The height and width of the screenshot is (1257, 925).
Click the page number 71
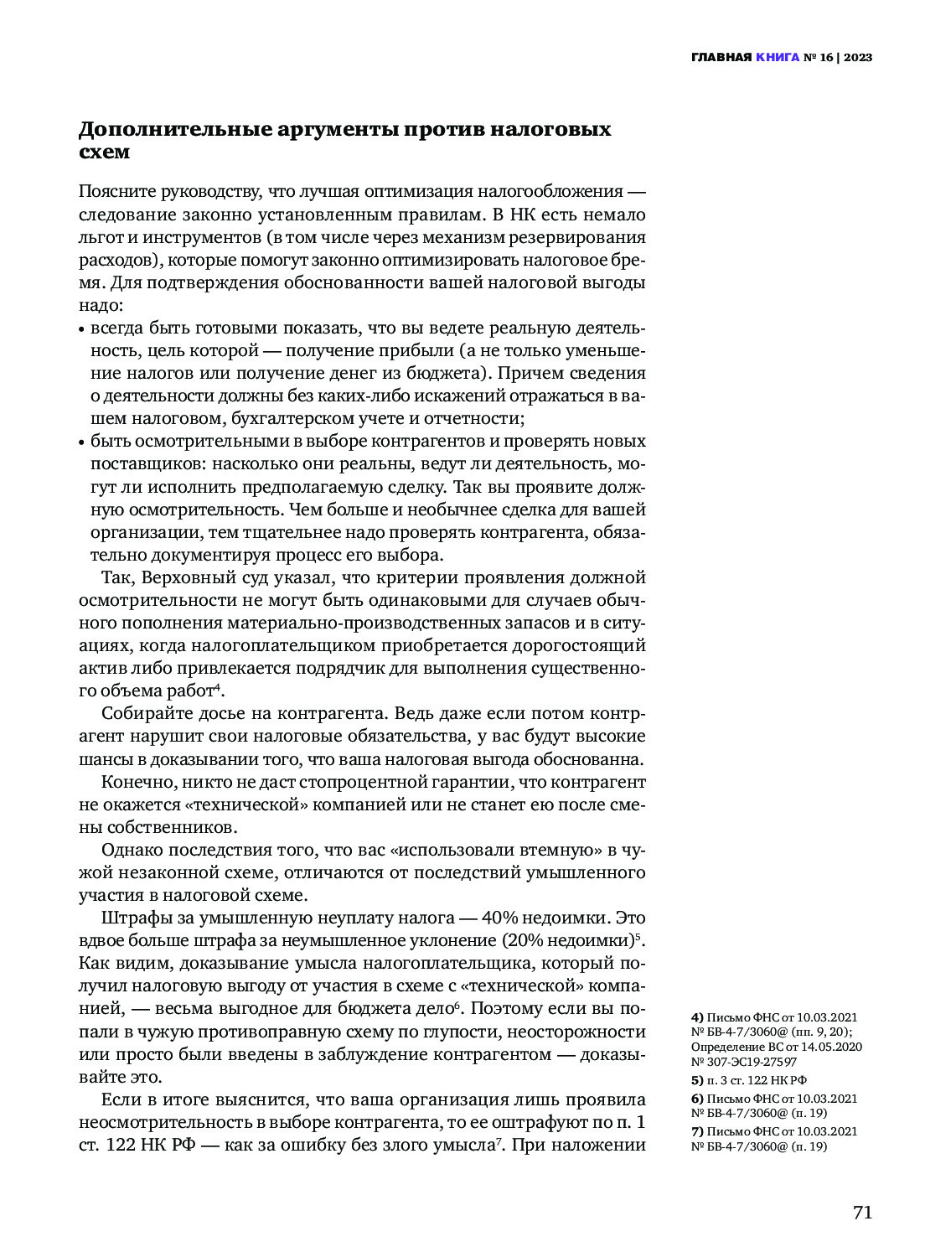tap(862, 1213)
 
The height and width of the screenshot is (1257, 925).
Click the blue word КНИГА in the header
tap(777, 58)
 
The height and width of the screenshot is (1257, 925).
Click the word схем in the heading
tap(104, 152)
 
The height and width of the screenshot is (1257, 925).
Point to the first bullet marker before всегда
tap(82, 329)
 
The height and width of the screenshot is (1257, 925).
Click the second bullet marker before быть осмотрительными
tap(82, 442)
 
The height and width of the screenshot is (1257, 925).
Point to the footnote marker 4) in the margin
tap(697, 1018)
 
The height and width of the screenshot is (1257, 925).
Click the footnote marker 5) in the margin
tap(697, 1080)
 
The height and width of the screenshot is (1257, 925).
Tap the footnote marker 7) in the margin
tap(697, 1131)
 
